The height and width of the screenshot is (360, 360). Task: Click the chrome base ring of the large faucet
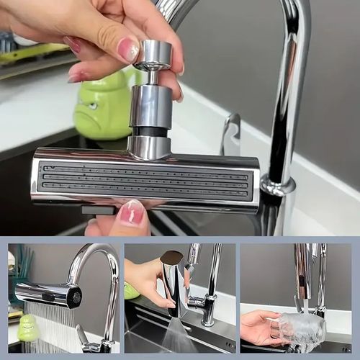coord(277,186)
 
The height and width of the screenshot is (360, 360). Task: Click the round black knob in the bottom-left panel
coord(74,294)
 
